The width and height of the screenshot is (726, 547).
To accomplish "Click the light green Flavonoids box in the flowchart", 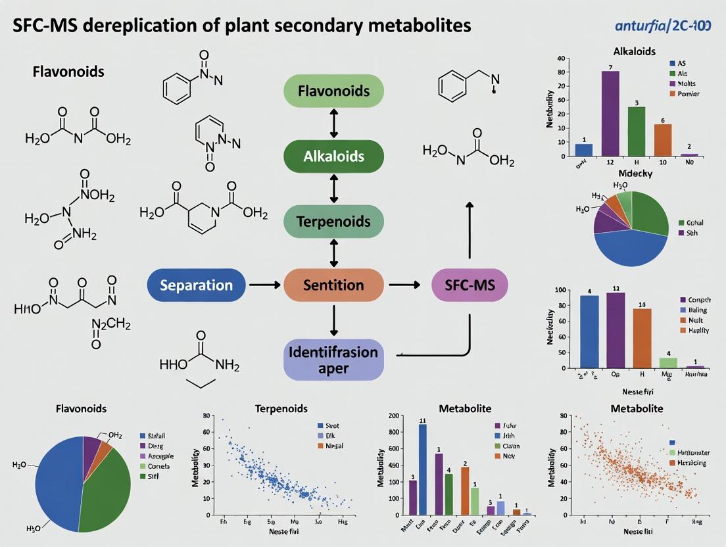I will pyautogui.click(x=333, y=91).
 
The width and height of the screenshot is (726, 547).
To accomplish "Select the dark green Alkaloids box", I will pyautogui.click(x=333, y=156).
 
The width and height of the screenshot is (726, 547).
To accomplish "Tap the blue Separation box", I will pyautogui.click(x=197, y=285).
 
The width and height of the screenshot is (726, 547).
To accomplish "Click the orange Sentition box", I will pyautogui.click(x=333, y=285).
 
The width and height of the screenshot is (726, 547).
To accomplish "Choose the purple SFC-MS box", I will pyautogui.click(x=469, y=285).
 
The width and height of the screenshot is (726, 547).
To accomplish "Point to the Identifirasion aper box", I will pyautogui.click(x=333, y=359).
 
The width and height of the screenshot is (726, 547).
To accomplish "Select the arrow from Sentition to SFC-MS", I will pyautogui.click(x=404, y=285).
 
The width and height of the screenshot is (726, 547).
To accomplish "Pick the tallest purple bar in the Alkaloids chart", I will pyautogui.click(x=610, y=113).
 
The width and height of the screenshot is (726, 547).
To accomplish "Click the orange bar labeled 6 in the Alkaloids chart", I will pyautogui.click(x=663, y=139).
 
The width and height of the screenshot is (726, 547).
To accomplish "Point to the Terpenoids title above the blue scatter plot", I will pyautogui.click(x=281, y=408).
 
